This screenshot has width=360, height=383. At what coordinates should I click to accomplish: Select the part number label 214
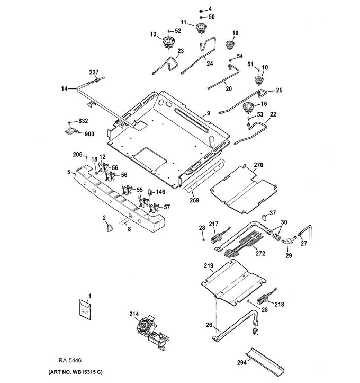coord(134,314)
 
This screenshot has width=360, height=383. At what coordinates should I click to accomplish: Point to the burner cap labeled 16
coord(248,109)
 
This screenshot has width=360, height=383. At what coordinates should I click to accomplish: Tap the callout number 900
coord(89,134)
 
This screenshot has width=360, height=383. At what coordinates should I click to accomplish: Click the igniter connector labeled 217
coord(216,236)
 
